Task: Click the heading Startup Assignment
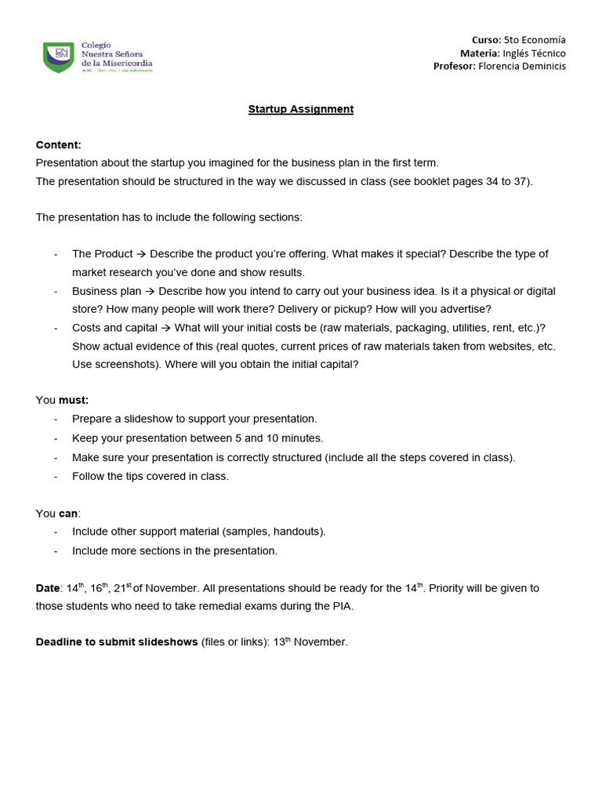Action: tap(301, 109)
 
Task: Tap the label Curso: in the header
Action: tap(486, 39)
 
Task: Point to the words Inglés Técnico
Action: tap(535, 53)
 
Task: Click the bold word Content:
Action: tap(59, 145)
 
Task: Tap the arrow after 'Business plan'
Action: tap(150, 291)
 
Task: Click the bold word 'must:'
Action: tap(74, 400)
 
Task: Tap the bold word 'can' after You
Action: tap(69, 514)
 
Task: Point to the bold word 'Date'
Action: tap(48, 588)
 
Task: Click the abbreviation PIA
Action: tap(343, 606)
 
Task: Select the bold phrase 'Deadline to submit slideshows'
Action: tap(117, 642)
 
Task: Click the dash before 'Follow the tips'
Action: tap(56, 477)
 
